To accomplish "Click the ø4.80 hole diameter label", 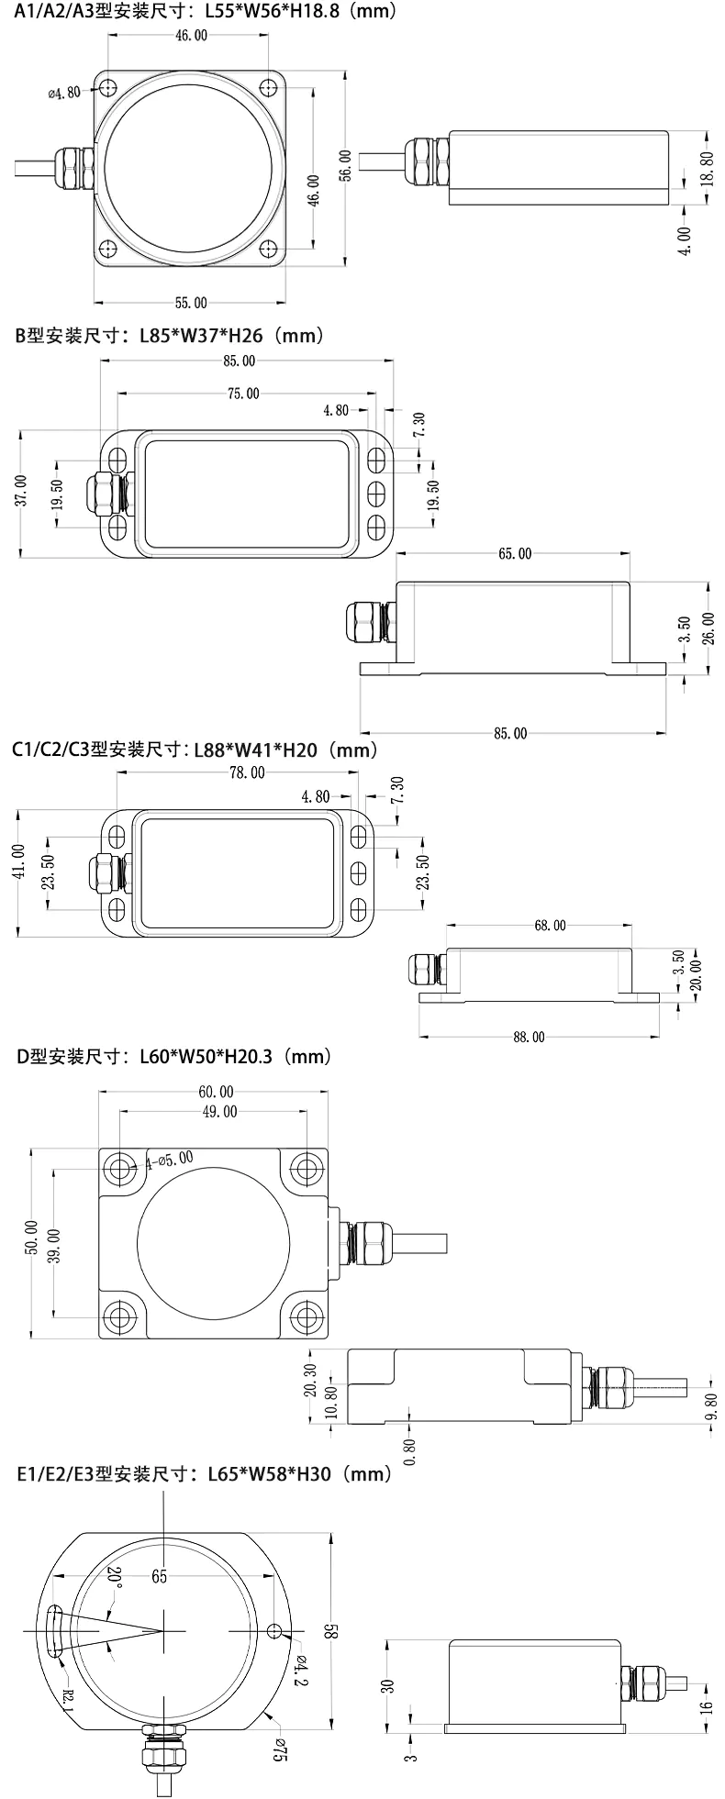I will [x=63, y=91].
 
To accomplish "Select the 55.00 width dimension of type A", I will [x=190, y=302].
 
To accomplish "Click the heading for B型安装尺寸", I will [x=170, y=336].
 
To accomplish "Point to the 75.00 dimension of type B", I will [x=242, y=394].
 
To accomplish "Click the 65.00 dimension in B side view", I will [x=514, y=553].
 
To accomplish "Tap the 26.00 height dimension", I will [x=708, y=629].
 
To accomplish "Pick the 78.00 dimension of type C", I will [x=246, y=772].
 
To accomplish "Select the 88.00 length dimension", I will [x=529, y=1037].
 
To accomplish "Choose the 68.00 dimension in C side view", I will [x=549, y=926].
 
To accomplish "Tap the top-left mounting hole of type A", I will [x=107, y=89].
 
